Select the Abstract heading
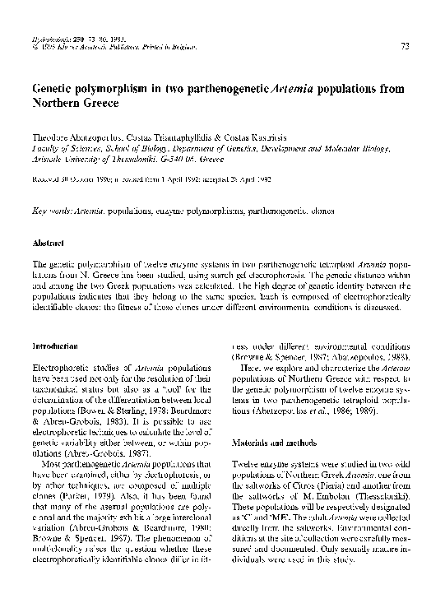coord(51,244)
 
